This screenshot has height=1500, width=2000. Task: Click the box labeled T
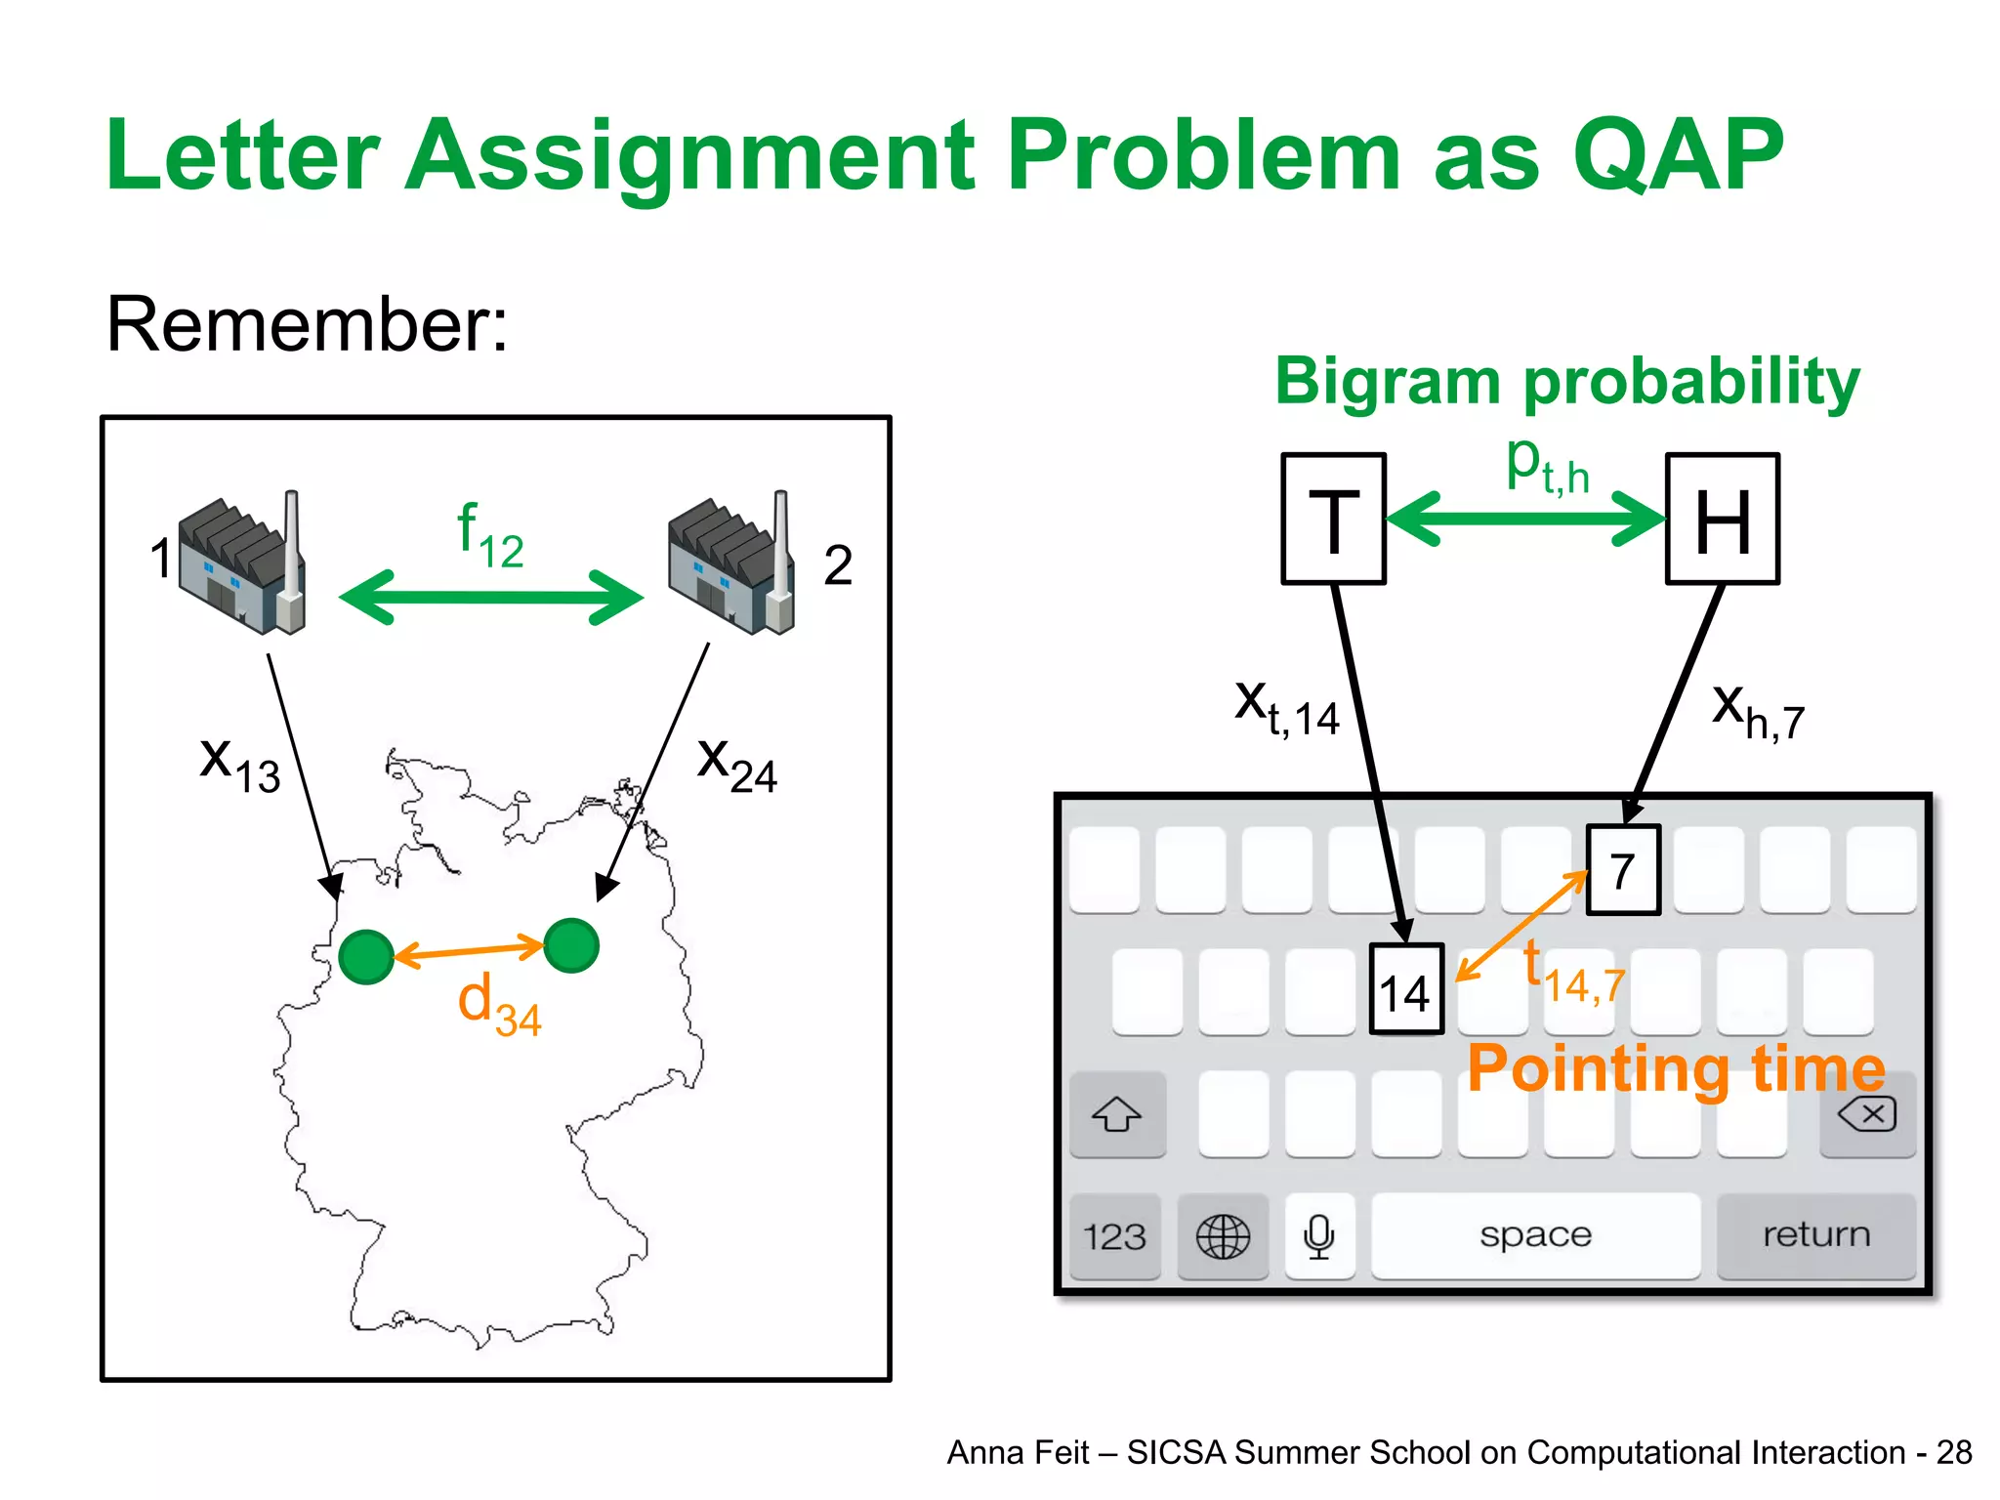[x=1333, y=519]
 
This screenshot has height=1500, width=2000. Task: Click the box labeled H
[x=1723, y=519]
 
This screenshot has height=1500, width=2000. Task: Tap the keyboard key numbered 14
[x=1406, y=988]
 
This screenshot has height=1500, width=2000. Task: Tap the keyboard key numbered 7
[x=1623, y=869]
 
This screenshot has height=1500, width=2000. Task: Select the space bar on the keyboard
[x=1535, y=1235]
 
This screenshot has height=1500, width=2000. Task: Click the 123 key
[x=1114, y=1236]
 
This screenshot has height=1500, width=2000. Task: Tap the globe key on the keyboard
[x=1223, y=1236]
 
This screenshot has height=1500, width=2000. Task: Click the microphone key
[x=1319, y=1236]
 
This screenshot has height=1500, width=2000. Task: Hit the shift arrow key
[x=1117, y=1114]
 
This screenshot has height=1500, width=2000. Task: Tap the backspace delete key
[x=1867, y=1114]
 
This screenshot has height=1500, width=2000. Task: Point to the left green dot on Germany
[x=366, y=957]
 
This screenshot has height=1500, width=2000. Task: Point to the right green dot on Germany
[x=571, y=945]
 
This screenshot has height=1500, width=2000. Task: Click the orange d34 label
[x=499, y=1006]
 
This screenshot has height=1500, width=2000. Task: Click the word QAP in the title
[x=1678, y=156]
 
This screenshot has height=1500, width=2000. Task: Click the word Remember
[x=307, y=324]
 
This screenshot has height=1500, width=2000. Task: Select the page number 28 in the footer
[x=1954, y=1452]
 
